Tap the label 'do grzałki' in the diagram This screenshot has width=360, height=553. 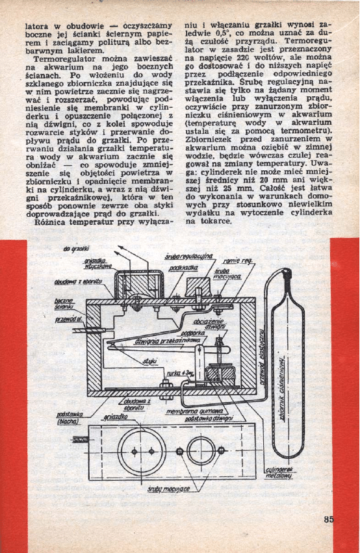[76, 249]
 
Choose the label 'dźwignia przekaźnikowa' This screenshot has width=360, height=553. [166, 340]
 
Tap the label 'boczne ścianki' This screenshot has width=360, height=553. [63, 305]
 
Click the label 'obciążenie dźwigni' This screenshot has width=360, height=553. [209, 324]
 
